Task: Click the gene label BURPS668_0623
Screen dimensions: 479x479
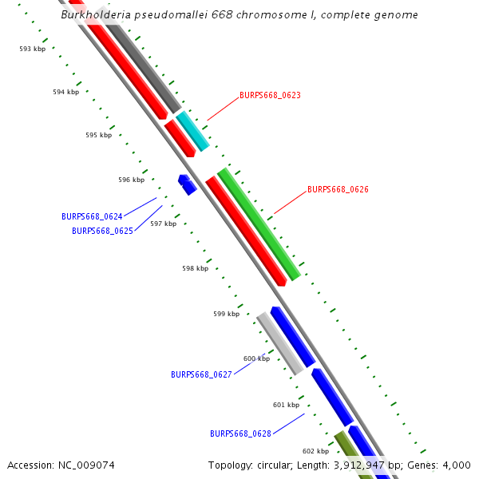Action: pos(270,95)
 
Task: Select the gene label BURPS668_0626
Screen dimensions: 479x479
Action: pos(338,190)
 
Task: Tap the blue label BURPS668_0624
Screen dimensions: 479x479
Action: pos(92,216)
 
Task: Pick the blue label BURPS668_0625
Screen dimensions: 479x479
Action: pos(102,231)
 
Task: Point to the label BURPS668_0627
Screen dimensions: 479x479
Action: pos(201,374)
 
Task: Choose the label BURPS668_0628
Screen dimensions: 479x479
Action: pos(240,433)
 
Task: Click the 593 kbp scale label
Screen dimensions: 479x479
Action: pos(33,49)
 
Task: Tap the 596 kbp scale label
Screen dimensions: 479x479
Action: pos(131,180)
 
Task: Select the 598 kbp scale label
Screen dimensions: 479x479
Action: pos(195,268)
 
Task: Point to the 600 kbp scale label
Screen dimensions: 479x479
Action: pos(256,358)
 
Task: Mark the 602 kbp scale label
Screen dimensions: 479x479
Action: pos(315,451)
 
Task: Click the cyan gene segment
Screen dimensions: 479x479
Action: pos(192,131)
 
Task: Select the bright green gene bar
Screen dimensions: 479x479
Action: pos(259,224)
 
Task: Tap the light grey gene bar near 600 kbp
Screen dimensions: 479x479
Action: pos(279,343)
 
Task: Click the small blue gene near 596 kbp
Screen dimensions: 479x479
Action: pos(187,184)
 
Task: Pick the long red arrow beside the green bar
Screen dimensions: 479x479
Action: pos(245,231)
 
